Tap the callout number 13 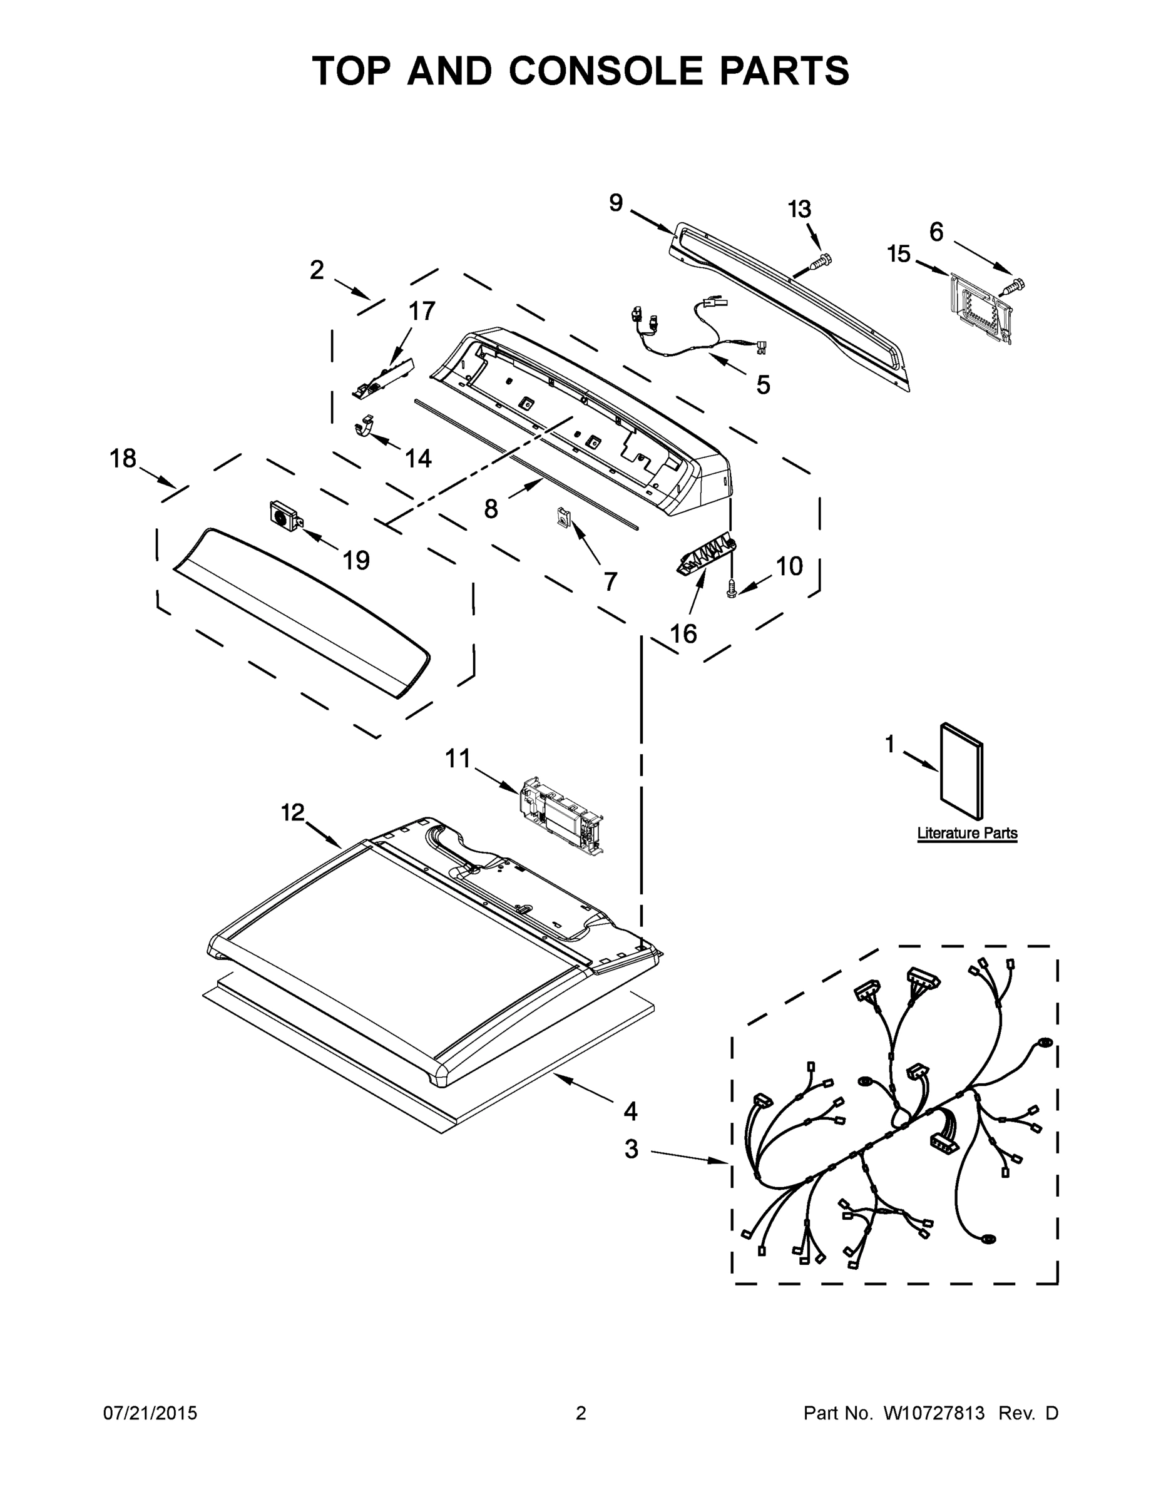tap(799, 209)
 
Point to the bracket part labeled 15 tap(979, 307)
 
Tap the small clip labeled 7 tap(564, 516)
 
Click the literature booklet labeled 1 tap(961, 772)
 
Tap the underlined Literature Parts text tap(967, 833)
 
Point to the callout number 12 tap(293, 812)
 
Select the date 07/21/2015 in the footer tap(150, 1413)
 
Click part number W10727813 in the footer tap(933, 1413)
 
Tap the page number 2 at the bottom tap(581, 1413)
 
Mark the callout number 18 tap(123, 458)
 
